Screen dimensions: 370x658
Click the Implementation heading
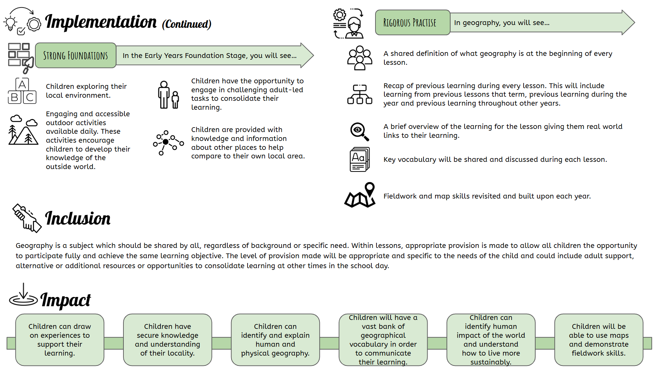pyautogui.click(x=100, y=22)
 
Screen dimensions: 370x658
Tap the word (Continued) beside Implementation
pyautogui.click(x=187, y=24)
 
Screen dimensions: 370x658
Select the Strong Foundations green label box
pyautogui.click(x=75, y=56)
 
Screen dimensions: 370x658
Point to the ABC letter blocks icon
pyautogui.click(x=22, y=91)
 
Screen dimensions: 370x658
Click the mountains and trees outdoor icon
pyautogui.click(x=23, y=130)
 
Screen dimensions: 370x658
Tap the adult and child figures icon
pyautogui.click(x=168, y=95)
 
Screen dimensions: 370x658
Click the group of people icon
pyautogui.click(x=359, y=58)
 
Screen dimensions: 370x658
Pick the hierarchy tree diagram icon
pyautogui.click(x=359, y=94)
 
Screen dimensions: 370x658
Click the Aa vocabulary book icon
pyautogui.click(x=359, y=159)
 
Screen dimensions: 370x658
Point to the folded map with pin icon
pyautogui.click(x=360, y=195)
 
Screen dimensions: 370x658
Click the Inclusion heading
pyautogui.click(x=78, y=218)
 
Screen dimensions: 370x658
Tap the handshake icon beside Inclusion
pyautogui.click(x=27, y=218)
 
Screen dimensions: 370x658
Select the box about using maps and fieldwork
pyautogui.click(x=598, y=339)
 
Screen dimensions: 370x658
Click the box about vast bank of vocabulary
pyautogui.click(x=383, y=339)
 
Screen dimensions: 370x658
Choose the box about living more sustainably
pyautogui.click(x=491, y=339)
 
